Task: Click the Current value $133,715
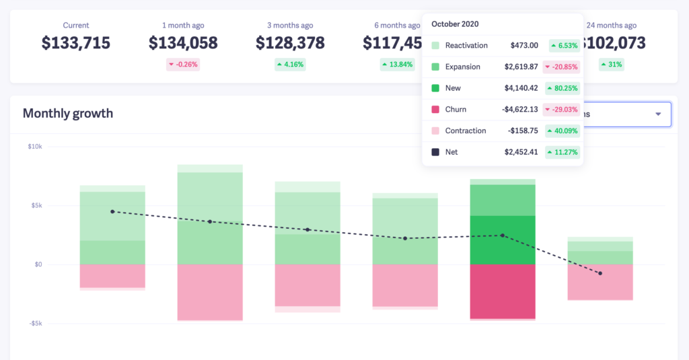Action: point(76,43)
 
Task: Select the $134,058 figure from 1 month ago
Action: point(183,43)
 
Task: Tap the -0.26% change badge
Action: point(183,65)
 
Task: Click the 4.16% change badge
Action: point(290,65)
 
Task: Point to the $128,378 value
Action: point(290,43)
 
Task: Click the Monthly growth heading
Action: point(68,113)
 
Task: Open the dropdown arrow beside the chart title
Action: point(658,114)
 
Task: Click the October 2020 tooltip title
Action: point(455,24)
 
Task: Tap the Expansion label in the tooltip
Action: point(463,67)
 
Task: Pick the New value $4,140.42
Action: point(521,88)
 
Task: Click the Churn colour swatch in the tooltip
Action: point(435,110)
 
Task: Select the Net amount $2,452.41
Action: point(521,152)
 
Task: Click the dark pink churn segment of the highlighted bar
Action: point(503,291)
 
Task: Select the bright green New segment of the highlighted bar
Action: point(503,240)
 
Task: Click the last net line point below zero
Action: point(600,273)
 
